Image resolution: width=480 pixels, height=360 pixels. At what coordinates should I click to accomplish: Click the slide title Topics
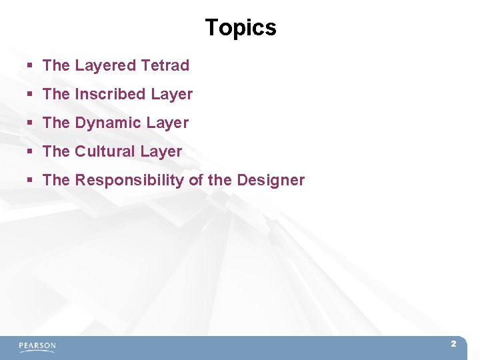(240, 27)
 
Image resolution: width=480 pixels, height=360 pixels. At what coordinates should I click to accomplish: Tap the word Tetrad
(165, 65)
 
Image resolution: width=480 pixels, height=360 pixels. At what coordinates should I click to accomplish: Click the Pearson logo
(37, 346)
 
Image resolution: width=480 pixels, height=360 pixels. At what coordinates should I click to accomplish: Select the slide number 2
(453, 344)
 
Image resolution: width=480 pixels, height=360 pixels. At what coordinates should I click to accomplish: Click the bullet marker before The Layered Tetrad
(30, 66)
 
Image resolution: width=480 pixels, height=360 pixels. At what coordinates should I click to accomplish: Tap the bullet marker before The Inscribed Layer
(30, 95)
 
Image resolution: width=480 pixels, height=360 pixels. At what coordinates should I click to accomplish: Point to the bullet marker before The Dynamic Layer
(30, 123)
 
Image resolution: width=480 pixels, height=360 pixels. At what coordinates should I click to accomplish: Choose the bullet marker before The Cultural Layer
(30, 152)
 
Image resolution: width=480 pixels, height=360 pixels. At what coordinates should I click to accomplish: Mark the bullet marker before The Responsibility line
(30, 181)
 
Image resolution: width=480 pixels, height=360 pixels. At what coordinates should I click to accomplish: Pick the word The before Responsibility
(56, 180)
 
